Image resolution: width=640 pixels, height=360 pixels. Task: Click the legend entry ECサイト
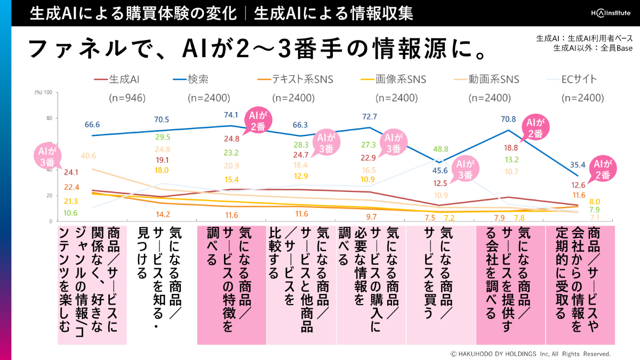579,80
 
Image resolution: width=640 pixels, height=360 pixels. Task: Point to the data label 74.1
231,116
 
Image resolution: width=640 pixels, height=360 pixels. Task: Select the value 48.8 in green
441,149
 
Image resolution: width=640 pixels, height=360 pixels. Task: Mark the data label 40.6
89,156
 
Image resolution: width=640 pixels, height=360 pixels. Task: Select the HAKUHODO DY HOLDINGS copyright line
530,354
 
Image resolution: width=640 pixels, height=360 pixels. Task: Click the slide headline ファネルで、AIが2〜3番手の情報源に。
257,49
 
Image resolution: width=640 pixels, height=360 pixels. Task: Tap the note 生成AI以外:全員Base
593,48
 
